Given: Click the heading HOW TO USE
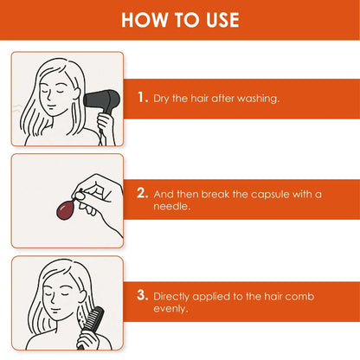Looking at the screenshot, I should pyautogui.click(x=180, y=19).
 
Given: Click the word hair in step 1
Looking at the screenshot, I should pyautogui.click(x=209, y=98).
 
